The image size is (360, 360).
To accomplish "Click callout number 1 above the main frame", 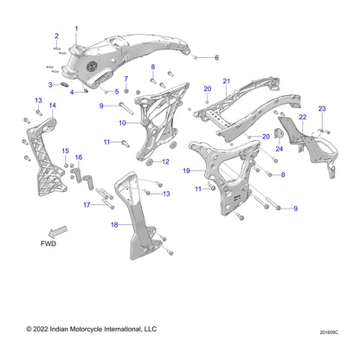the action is tap(76, 29).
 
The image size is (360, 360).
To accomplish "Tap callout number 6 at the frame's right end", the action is tap(216, 58).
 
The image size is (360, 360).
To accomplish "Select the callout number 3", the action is tap(50, 85).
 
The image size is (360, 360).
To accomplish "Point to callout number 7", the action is tap(126, 79).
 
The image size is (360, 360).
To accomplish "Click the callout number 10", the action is tap(122, 123).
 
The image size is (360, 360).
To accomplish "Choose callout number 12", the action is tap(165, 162).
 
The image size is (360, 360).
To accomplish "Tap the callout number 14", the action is tap(53, 106).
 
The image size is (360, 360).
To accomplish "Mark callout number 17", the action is tap(87, 205).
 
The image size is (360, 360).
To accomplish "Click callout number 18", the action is tap(114, 224).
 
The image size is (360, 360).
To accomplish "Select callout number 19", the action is tap(186, 170).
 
